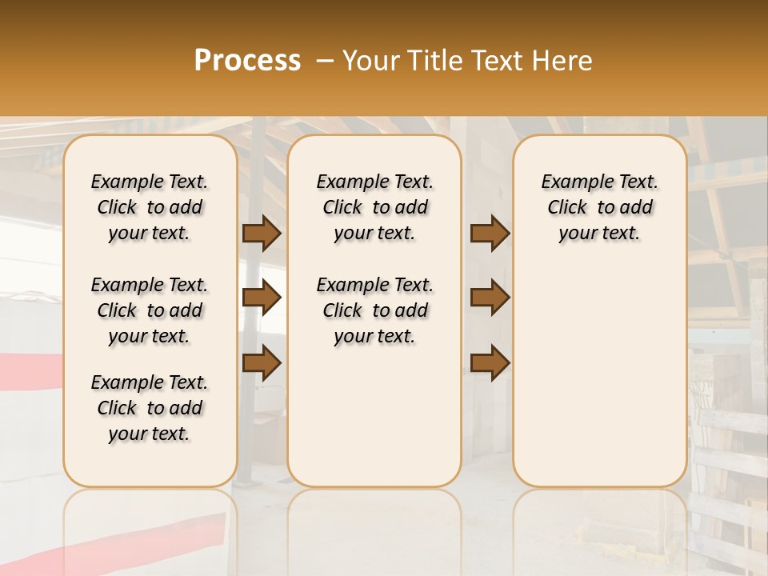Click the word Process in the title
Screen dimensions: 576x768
pyautogui.click(x=247, y=61)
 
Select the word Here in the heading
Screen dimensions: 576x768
pyautogui.click(x=563, y=61)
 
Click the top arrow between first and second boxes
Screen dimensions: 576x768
pyautogui.click(x=262, y=234)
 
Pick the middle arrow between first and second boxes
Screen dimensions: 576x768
pyautogui.click(x=262, y=298)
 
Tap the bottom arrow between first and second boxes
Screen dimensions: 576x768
pyautogui.click(x=262, y=362)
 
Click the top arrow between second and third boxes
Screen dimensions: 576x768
pyautogui.click(x=490, y=234)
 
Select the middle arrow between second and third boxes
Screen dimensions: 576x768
pyautogui.click(x=490, y=298)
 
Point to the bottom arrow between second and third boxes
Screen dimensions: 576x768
pyautogui.click(x=490, y=362)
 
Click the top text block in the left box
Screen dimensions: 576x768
pyautogui.click(x=150, y=207)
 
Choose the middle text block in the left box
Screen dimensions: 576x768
pyautogui.click(x=150, y=310)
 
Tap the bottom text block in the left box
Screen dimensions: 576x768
pyautogui.click(x=150, y=408)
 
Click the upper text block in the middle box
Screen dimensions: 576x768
pyautogui.click(x=374, y=207)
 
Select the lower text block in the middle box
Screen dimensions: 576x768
pyautogui.click(x=374, y=310)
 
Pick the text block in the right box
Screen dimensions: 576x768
pyautogui.click(x=599, y=207)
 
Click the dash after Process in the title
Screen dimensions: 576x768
pyautogui.click(x=325, y=61)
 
